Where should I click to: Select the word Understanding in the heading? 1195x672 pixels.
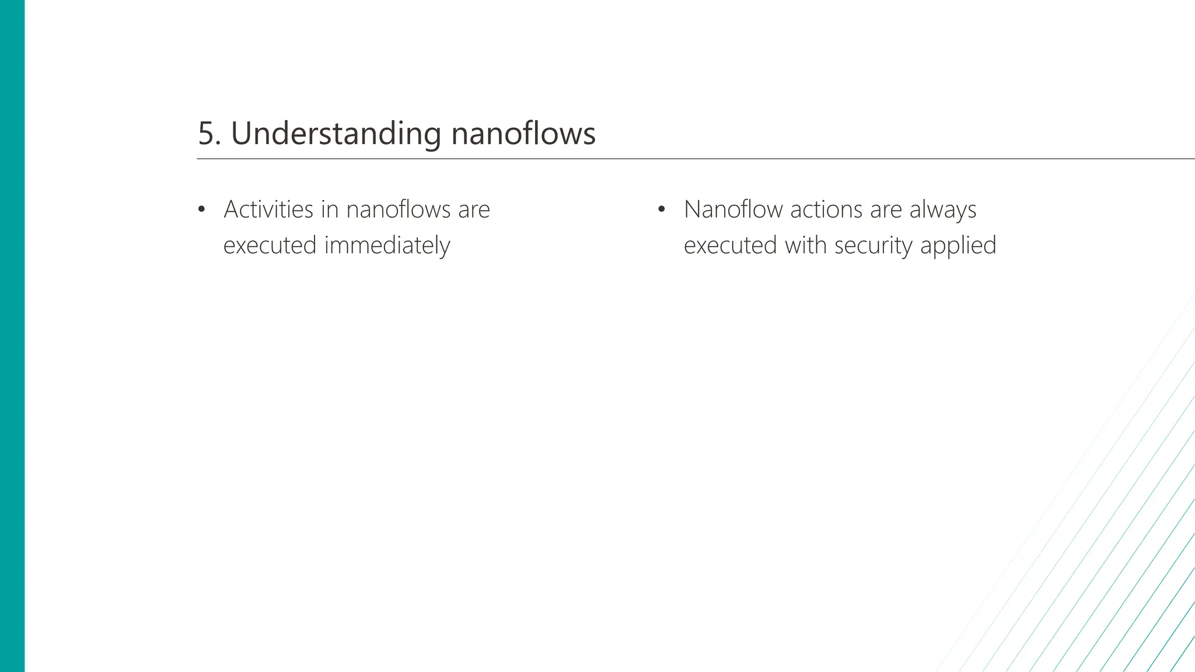(336, 134)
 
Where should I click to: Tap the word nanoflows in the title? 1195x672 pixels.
(523, 134)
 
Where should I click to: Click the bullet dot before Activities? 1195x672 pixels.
(202, 209)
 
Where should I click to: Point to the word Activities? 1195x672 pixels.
(268, 209)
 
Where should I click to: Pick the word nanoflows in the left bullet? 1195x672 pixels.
(398, 209)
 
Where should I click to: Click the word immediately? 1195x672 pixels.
(387, 245)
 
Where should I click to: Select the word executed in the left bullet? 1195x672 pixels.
(270, 245)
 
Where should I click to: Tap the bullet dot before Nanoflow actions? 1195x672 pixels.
(661, 209)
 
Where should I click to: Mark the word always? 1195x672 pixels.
(942, 209)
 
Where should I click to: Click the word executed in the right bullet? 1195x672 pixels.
(730, 245)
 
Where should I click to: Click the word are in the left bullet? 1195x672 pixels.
(474, 209)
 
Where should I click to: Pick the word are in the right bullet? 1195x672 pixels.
(886, 209)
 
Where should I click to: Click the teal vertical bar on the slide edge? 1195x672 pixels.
(12, 336)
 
